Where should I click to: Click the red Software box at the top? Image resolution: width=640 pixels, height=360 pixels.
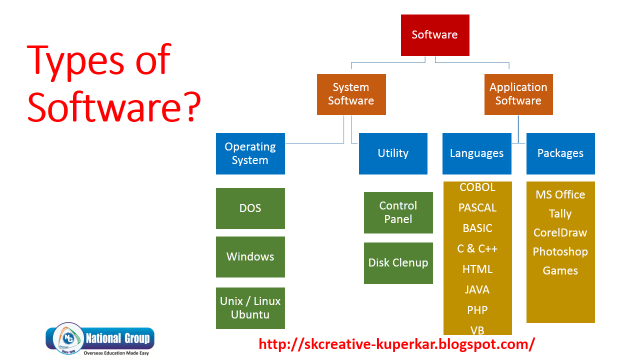coord(435,35)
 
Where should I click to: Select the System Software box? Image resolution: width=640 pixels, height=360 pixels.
coord(351,94)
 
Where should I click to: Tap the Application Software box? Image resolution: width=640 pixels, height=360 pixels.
coord(518,94)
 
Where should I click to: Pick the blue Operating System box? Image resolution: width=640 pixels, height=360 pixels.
coord(250,153)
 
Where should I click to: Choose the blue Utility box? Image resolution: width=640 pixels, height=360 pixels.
coord(393,153)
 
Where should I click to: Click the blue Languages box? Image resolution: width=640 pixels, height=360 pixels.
coord(476,153)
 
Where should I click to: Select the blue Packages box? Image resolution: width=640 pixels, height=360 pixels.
coord(560,153)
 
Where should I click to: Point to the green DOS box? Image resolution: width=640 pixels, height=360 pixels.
coord(250,208)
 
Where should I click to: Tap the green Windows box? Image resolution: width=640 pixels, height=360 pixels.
coord(250,256)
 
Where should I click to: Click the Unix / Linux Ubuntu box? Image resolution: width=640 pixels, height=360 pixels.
coord(250,308)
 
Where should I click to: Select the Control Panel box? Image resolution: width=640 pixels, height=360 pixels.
coord(398,212)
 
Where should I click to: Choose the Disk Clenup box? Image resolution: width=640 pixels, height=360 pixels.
coord(398,263)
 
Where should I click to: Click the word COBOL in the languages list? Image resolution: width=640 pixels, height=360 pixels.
coord(477,187)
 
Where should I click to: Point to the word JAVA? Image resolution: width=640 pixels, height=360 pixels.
coord(477,289)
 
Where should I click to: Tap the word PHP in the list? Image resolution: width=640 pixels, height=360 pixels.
coord(477,310)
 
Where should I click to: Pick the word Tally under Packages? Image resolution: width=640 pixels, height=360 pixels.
coord(560,214)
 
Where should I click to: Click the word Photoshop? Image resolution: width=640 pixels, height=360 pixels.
coord(560,251)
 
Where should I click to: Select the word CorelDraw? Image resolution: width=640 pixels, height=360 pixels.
coord(560,232)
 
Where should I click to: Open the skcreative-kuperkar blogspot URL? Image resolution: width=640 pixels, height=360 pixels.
coord(397,344)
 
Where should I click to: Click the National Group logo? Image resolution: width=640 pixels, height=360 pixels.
coord(100,339)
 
